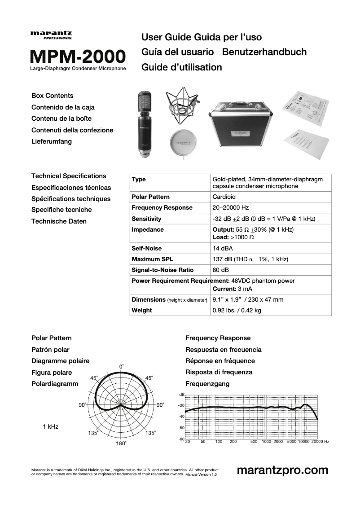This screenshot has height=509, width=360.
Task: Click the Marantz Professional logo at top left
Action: (x=51, y=35)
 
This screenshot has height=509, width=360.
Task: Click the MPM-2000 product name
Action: (x=78, y=57)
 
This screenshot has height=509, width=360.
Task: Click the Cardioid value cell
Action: (x=224, y=197)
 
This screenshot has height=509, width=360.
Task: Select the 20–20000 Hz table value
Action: (x=231, y=208)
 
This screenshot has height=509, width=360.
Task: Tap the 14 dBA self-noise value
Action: (x=223, y=248)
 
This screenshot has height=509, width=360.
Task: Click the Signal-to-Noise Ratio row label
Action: (x=162, y=270)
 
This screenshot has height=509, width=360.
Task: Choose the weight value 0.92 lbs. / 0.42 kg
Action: (x=237, y=311)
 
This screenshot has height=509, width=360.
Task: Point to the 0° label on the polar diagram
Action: (x=122, y=367)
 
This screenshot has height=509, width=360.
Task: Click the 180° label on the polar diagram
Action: (x=121, y=443)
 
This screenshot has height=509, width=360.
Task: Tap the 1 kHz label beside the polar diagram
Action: (x=51, y=426)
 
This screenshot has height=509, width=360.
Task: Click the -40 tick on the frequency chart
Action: (x=181, y=417)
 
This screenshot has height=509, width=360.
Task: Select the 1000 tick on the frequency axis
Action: (x=267, y=442)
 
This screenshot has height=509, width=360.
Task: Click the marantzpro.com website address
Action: (x=282, y=470)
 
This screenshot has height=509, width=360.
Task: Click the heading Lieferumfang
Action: (x=52, y=142)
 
